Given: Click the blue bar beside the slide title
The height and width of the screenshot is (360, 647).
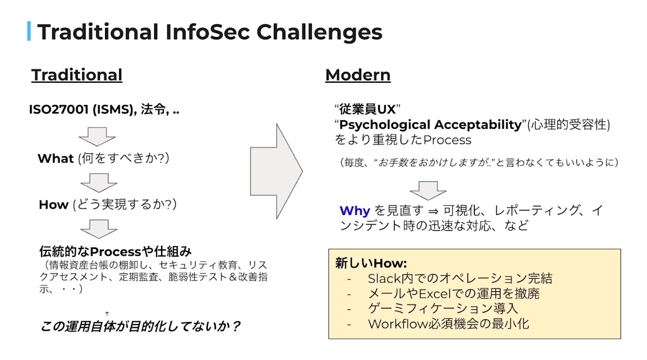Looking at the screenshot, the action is click(29, 31).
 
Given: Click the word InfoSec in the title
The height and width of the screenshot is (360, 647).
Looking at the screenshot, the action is click(208, 32).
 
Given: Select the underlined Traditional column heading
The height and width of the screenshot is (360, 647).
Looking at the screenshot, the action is click(77, 75).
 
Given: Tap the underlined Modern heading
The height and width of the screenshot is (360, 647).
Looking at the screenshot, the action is click(358, 75).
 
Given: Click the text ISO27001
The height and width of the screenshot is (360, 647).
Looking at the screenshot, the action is click(59, 109).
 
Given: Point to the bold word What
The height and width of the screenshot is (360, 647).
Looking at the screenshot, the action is click(56, 158).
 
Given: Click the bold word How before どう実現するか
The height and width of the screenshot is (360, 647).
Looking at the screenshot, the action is click(54, 204).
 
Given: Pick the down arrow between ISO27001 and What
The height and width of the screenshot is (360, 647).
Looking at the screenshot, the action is click(97, 136).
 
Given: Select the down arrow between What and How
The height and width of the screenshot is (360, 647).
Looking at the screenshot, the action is click(99, 182).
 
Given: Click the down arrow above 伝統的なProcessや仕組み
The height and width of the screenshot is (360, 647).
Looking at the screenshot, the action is click(99, 229).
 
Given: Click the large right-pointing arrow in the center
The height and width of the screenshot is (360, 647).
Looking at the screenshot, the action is click(276, 171).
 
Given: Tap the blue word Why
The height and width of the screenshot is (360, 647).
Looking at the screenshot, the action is click(355, 211).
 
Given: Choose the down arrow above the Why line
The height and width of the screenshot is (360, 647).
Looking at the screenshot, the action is click(428, 191).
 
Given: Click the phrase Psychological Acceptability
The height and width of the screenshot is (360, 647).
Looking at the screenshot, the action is click(431, 125).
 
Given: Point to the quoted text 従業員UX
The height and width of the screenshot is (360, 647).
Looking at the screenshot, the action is click(367, 109).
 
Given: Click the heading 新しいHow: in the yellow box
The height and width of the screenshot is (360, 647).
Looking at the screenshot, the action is click(371, 263).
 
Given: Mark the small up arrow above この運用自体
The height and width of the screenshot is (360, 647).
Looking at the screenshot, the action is click(107, 313).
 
